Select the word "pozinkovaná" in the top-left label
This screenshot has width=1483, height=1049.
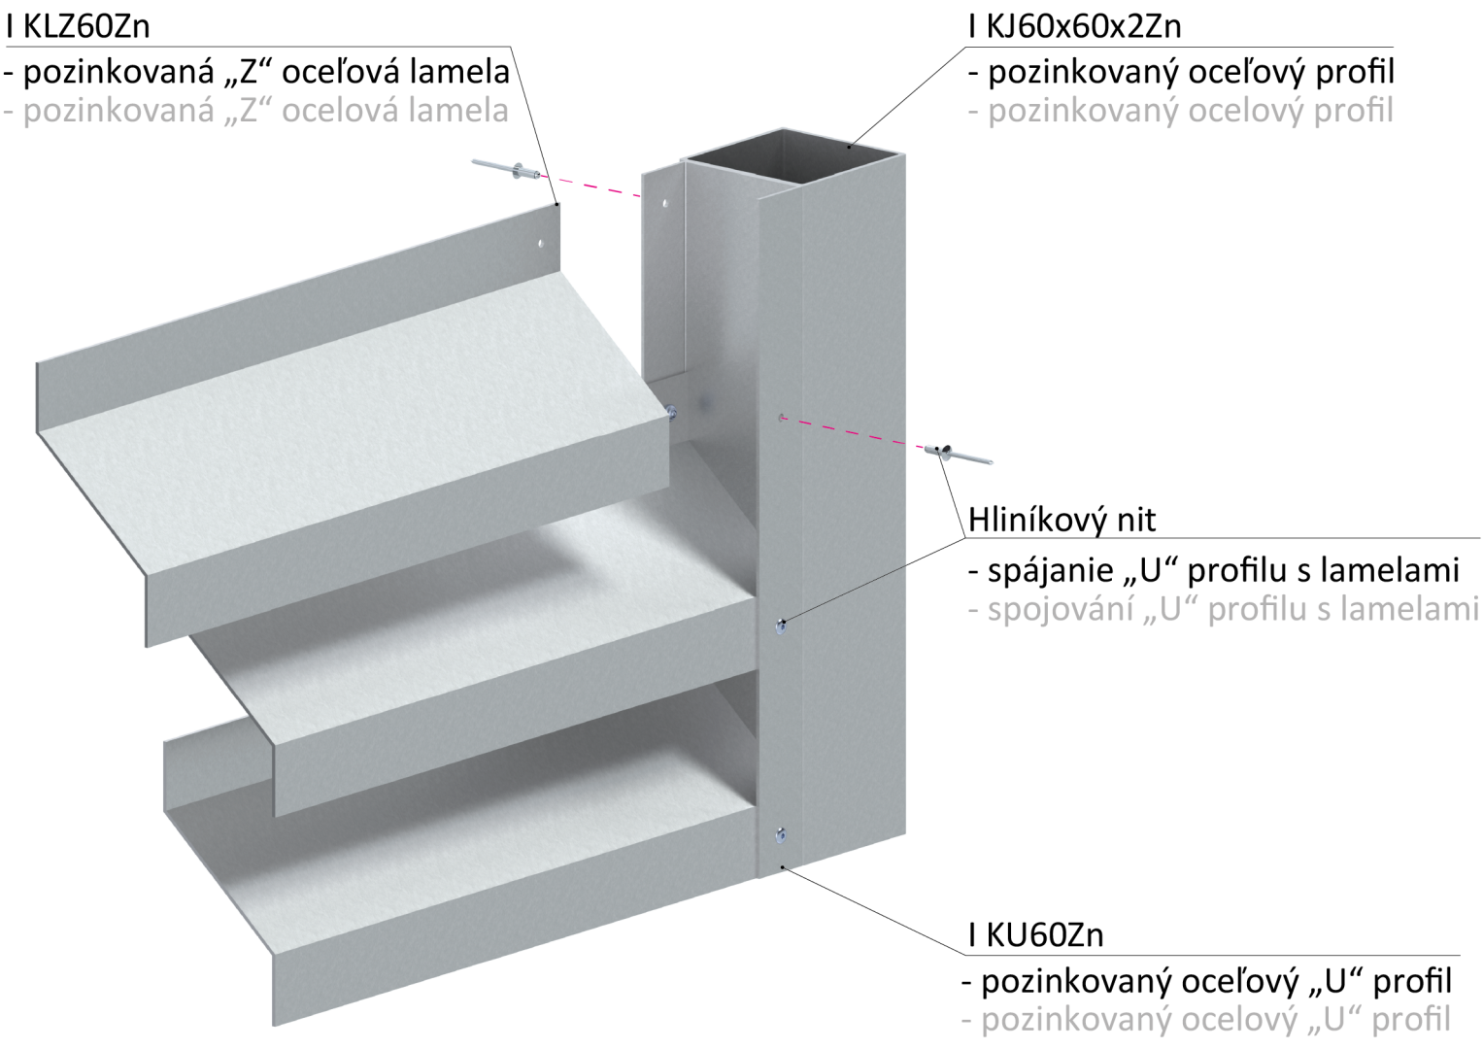118,111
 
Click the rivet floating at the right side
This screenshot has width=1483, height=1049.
957,453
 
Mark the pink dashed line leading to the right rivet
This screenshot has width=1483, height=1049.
850,432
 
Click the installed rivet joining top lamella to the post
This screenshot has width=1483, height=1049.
672,413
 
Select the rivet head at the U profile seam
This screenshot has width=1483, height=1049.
780,628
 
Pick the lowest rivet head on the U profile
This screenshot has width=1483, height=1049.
780,833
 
